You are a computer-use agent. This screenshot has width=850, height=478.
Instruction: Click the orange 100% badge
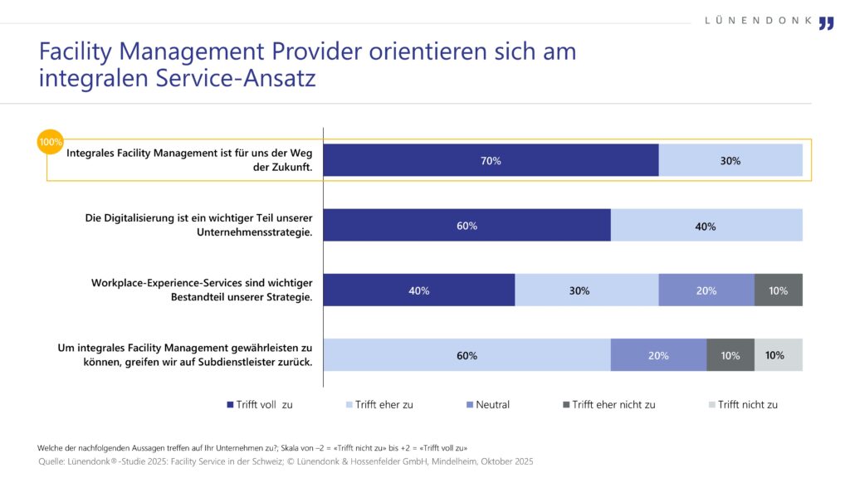[x=51, y=142]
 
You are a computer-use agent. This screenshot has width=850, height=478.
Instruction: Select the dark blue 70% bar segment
[x=490, y=160]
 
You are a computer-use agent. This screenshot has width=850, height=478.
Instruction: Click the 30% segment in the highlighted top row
[x=730, y=160]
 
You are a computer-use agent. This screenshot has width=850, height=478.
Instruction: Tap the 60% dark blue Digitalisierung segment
[x=467, y=225]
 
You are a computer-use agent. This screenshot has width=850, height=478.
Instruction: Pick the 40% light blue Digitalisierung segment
[x=706, y=225]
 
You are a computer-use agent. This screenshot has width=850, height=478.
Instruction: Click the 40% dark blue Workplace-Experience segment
[x=418, y=290]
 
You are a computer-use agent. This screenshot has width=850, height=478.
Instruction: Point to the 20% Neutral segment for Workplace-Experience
[x=706, y=290]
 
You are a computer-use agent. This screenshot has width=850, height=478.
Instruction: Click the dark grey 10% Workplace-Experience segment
[x=778, y=290]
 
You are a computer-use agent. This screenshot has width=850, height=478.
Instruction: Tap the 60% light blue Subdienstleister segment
[x=467, y=354]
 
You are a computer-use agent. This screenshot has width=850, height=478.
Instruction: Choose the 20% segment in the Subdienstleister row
[x=658, y=354]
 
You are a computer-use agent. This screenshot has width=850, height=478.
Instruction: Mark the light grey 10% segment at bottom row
[x=778, y=354]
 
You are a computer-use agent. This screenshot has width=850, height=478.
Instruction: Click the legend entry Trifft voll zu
[x=260, y=405]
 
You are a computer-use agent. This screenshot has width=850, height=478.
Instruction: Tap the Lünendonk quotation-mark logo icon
[x=825, y=23]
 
